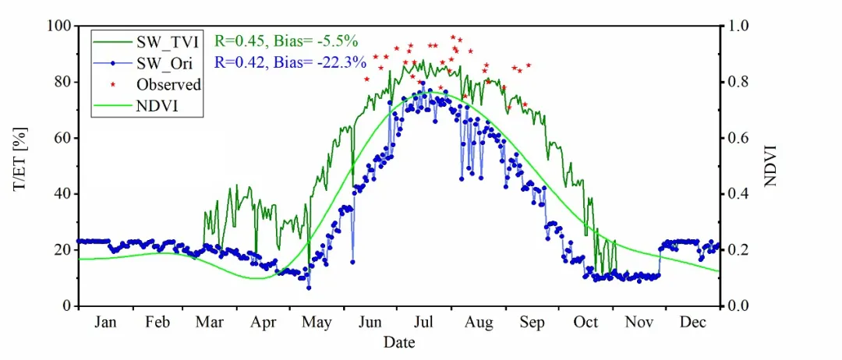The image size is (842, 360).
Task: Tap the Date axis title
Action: tap(398, 343)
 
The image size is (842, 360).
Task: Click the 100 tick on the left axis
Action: tap(60, 26)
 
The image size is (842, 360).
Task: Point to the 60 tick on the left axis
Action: tap(63, 138)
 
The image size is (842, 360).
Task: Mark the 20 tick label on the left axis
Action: tap(63, 250)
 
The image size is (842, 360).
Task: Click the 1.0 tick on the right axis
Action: tap(737, 26)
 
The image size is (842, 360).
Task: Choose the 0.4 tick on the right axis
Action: tap(737, 194)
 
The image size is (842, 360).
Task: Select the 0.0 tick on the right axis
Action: tap(737, 306)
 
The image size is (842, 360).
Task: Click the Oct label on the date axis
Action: tap(586, 323)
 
